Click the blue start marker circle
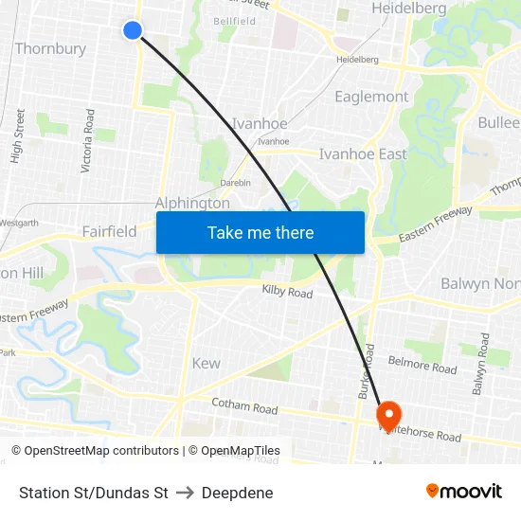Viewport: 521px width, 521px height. pyautogui.click(x=133, y=30)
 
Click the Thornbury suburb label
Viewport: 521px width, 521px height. pyautogui.click(x=50, y=48)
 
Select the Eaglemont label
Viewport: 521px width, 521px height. pyautogui.click(x=371, y=97)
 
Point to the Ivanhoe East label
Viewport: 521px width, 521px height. pyautogui.click(x=363, y=153)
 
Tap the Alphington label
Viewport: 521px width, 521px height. pyautogui.click(x=192, y=203)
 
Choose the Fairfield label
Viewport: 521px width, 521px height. pyautogui.click(x=109, y=231)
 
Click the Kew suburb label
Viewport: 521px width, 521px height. pyautogui.click(x=206, y=363)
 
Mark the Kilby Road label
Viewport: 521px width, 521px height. pyautogui.click(x=287, y=293)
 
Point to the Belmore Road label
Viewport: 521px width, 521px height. pyautogui.click(x=422, y=365)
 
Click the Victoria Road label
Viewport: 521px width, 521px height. pyautogui.click(x=88, y=140)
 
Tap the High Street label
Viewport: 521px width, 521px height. pyautogui.click(x=18, y=135)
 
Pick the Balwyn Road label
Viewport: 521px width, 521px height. pyautogui.click(x=482, y=364)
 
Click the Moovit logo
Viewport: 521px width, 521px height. pyautogui.click(x=464, y=492)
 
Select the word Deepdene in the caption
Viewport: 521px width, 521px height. pyautogui.click(x=237, y=493)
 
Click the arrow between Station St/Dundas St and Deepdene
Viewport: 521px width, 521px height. pyautogui.click(x=185, y=493)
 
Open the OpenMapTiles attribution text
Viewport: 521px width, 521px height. pyautogui.click(x=234, y=451)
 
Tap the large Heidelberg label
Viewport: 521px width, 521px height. pyautogui.click(x=409, y=9)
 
